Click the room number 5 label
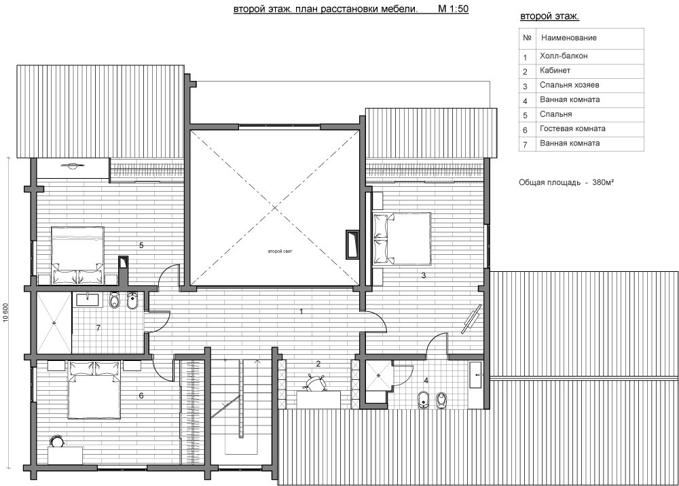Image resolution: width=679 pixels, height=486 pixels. (141, 245)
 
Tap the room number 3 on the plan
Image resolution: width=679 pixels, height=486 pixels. (424, 275)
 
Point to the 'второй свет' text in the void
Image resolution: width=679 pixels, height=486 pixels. (280, 251)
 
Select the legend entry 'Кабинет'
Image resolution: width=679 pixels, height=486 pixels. (555, 70)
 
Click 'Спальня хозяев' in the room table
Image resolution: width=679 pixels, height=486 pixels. (570, 85)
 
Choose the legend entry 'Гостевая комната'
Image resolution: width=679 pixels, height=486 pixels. (572, 128)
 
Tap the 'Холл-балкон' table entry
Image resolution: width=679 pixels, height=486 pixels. (564, 56)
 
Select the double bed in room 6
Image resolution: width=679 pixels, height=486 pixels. (94, 389)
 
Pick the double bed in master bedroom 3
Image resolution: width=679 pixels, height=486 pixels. (401, 239)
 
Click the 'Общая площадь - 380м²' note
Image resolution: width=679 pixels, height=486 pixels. (566, 183)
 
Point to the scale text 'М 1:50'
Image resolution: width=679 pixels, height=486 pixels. (454, 9)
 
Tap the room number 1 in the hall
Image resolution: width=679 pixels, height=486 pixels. (301, 311)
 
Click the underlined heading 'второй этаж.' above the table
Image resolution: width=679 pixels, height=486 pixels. (549, 16)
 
